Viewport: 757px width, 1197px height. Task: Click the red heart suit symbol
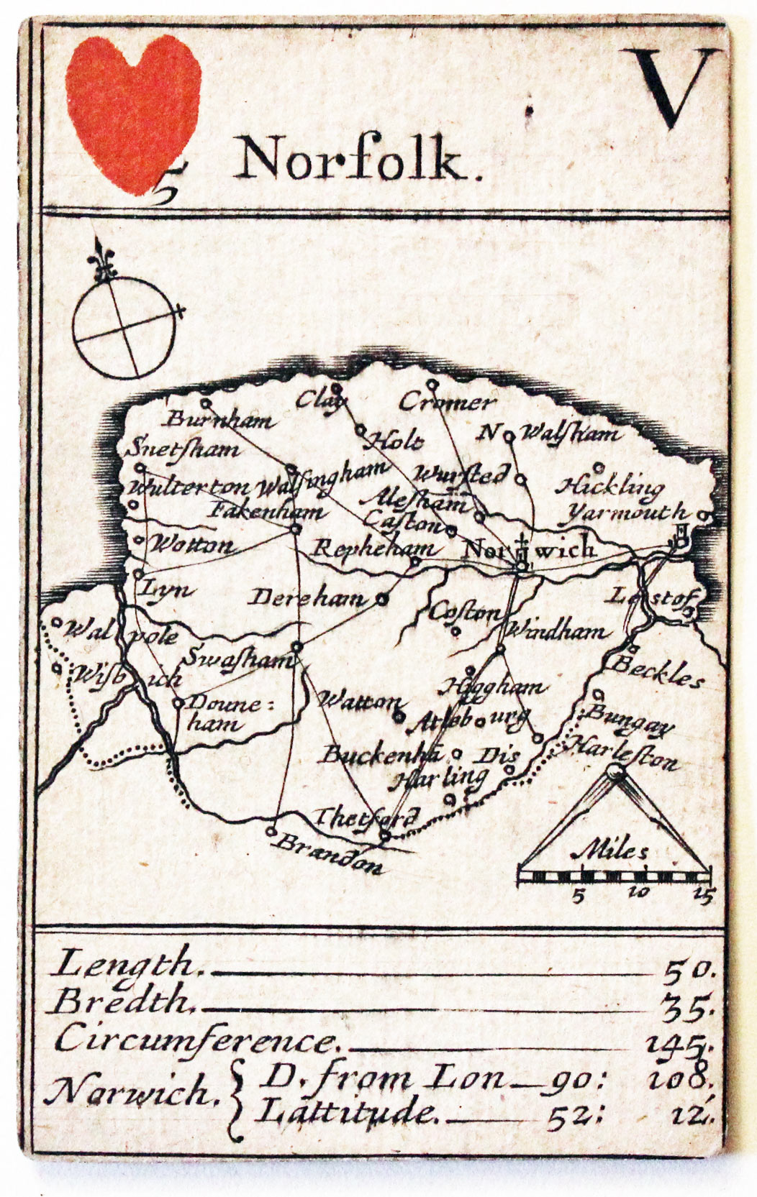coord(133,111)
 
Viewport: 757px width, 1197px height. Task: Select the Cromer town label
coord(448,403)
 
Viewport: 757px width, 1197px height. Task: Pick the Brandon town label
coord(330,853)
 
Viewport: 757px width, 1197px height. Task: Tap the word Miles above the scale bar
coord(611,851)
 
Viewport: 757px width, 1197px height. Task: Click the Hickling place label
coord(610,487)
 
